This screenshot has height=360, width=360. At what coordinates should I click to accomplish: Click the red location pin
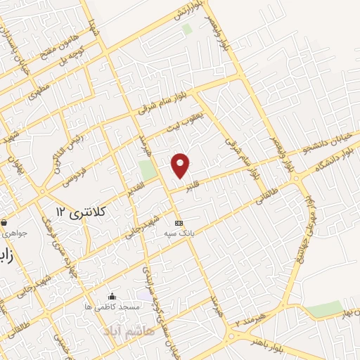tap(181, 165)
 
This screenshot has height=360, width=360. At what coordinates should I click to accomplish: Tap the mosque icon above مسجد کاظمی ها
tap(112, 297)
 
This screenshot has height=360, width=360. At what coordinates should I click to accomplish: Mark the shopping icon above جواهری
tap(4, 221)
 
